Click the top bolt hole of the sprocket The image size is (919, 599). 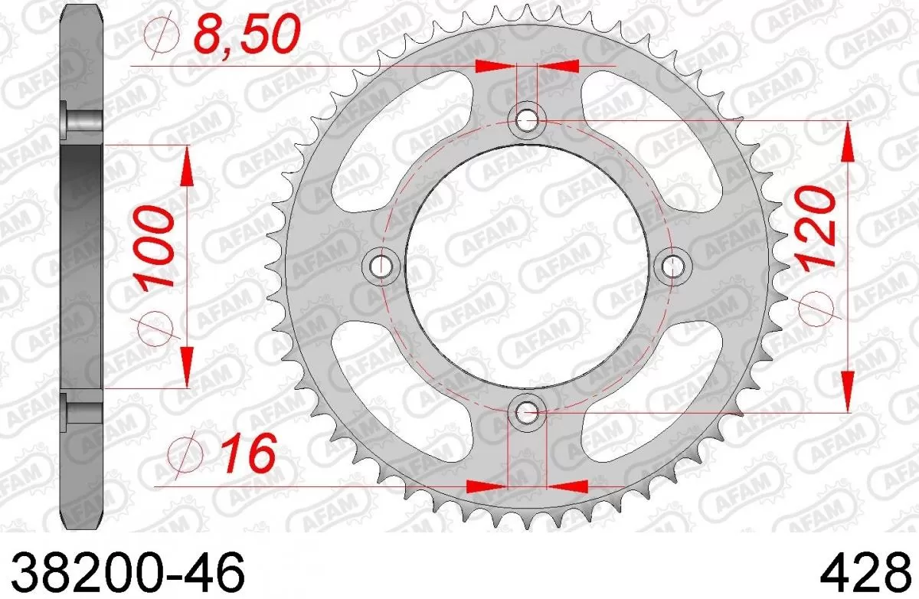coord(527,119)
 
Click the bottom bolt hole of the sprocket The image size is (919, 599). coord(527,413)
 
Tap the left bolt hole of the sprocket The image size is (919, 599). coord(381,266)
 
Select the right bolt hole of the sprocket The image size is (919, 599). coord(674,266)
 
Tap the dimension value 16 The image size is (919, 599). coord(246,455)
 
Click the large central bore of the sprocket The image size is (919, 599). coord(527,266)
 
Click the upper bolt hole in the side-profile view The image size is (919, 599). coord(81,123)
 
